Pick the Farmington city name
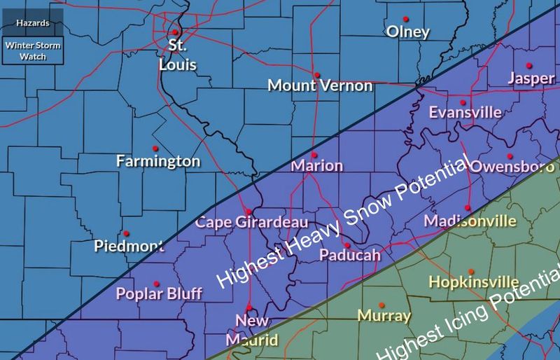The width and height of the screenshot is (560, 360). coord(158,162)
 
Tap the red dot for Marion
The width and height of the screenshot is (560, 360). coord(315,155)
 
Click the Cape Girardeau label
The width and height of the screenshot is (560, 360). coord(252,223)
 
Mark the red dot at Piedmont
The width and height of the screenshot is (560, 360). coord(125,233)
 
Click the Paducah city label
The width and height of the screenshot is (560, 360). coord(349,256)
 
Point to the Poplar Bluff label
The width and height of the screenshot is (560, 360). coord(159,293)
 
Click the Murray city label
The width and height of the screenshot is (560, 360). coord(383,316)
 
